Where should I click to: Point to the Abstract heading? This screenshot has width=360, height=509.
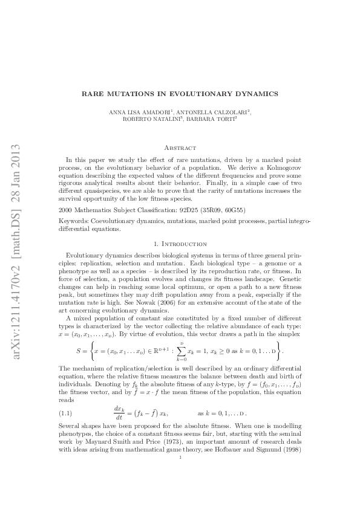[180, 148]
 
